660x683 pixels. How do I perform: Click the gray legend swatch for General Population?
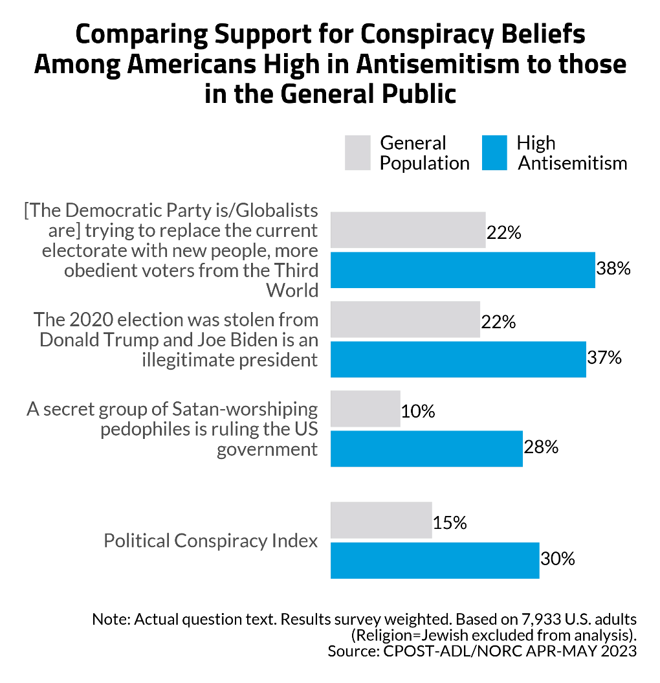(357, 153)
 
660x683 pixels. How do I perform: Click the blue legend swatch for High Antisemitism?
(494, 153)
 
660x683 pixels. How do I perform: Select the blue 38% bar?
(462, 269)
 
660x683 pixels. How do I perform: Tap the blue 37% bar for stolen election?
(458, 359)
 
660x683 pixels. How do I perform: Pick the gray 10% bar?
(365, 409)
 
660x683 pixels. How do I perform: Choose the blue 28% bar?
(426, 448)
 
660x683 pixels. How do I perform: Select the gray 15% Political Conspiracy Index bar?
(380, 520)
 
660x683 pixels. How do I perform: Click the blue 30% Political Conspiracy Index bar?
(434, 560)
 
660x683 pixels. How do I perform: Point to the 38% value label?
(613, 269)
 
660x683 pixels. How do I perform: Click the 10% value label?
(418, 411)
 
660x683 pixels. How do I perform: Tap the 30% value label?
(558, 559)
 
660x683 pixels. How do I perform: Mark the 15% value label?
(450, 522)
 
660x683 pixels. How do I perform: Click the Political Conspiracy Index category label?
(211, 541)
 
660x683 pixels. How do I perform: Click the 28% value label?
(541, 447)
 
